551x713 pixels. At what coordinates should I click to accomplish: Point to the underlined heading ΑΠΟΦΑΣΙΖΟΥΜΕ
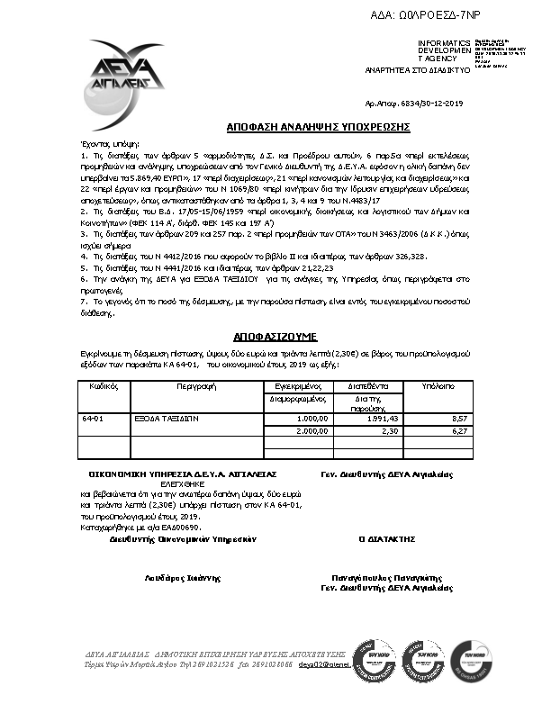click(274, 332)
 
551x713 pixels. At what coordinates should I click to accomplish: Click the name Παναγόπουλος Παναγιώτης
click(387, 578)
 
